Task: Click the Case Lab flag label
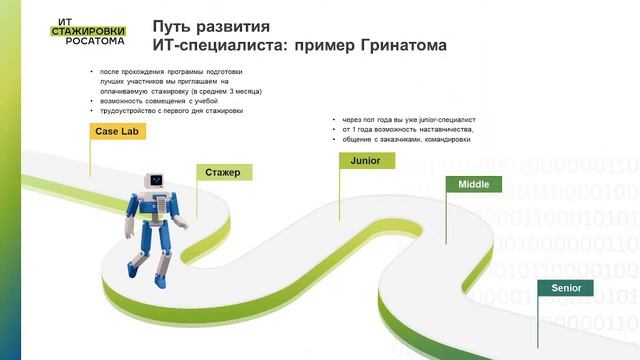point(117,132)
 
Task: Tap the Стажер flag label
point(223,173)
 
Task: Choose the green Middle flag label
point(473,185)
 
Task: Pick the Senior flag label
point(566,288)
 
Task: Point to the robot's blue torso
point(153,216)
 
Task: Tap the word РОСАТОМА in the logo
point(87,43)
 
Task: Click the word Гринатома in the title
point(392,46)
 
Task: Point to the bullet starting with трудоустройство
point(170,111)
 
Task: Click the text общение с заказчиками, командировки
point(406,139)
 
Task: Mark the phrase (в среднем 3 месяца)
point(232,91)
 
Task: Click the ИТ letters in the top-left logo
point(61,20)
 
